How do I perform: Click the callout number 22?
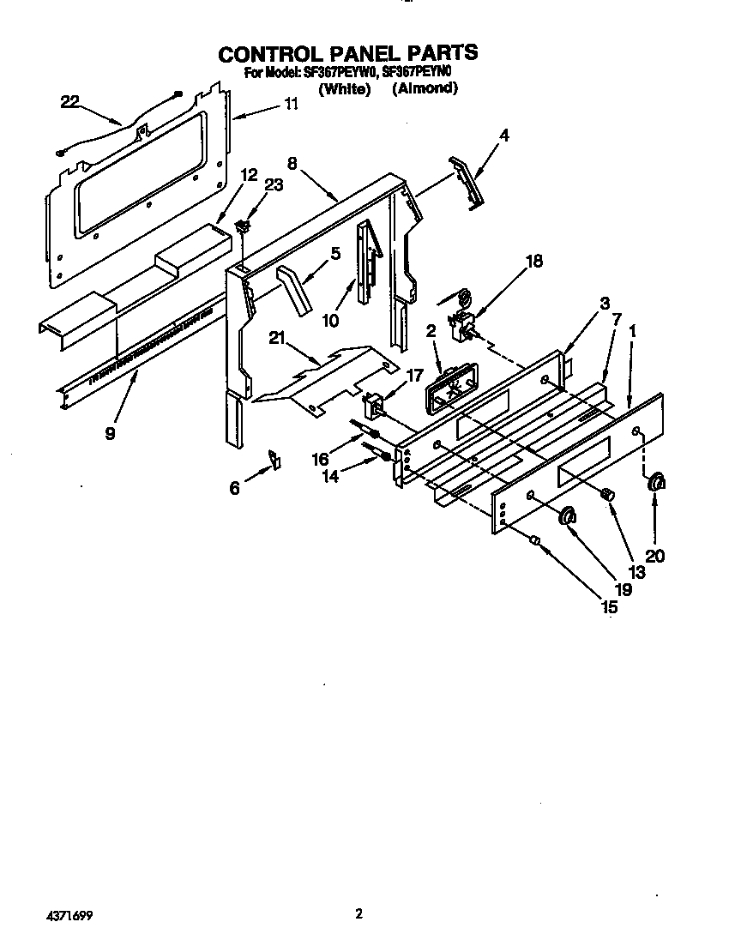tap(69, 102)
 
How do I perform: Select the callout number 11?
tap(291, 105)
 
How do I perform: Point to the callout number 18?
tap(533, 262)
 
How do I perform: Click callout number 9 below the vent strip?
tap(110, 433)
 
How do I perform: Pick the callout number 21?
tap(276, 339)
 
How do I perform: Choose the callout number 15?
tap(609, 607)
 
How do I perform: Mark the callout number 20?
tap(654, 556)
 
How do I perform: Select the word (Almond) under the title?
tap(425, 87)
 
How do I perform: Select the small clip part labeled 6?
tap(274, 459)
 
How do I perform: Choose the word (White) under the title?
tap(344, 87)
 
